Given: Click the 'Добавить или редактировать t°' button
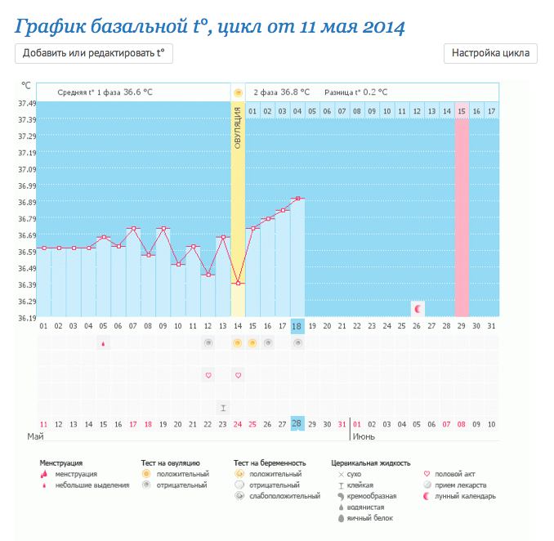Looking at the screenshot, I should pos(94,53).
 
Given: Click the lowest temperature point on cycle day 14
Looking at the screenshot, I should pos(238,283).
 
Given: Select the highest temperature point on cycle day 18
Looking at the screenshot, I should pos(297,199).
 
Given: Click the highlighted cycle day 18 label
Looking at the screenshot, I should pos(297,326).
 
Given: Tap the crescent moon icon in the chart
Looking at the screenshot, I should pos(418,308).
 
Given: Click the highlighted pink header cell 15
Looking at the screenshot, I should pos(462,110).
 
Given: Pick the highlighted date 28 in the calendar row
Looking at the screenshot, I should pos(297,424).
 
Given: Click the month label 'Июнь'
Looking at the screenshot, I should pos(364,436).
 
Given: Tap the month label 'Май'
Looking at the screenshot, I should pos(35,436).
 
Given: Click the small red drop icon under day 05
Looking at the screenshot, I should pos(103,344).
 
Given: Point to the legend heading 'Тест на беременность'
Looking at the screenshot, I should pos(270,463).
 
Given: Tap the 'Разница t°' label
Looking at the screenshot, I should pos(342,92).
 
